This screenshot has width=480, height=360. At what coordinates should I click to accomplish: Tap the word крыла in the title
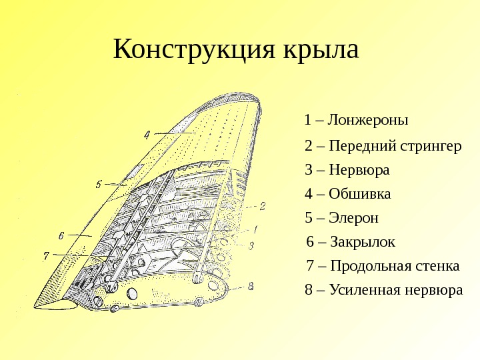coord(321,50)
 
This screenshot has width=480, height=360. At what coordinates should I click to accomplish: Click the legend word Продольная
coord(379,266)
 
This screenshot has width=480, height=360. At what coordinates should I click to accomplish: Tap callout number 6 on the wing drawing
coord(61,235)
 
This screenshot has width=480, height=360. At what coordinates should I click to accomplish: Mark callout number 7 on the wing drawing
coord(45,255)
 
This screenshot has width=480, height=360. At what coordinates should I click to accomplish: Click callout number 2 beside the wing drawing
coord(263,206)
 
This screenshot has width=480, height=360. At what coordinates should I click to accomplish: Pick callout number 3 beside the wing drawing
coord(251,245)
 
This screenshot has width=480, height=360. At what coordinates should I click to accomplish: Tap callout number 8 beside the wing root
coord(251,287)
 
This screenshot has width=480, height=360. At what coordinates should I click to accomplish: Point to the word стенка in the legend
coord(438,266)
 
